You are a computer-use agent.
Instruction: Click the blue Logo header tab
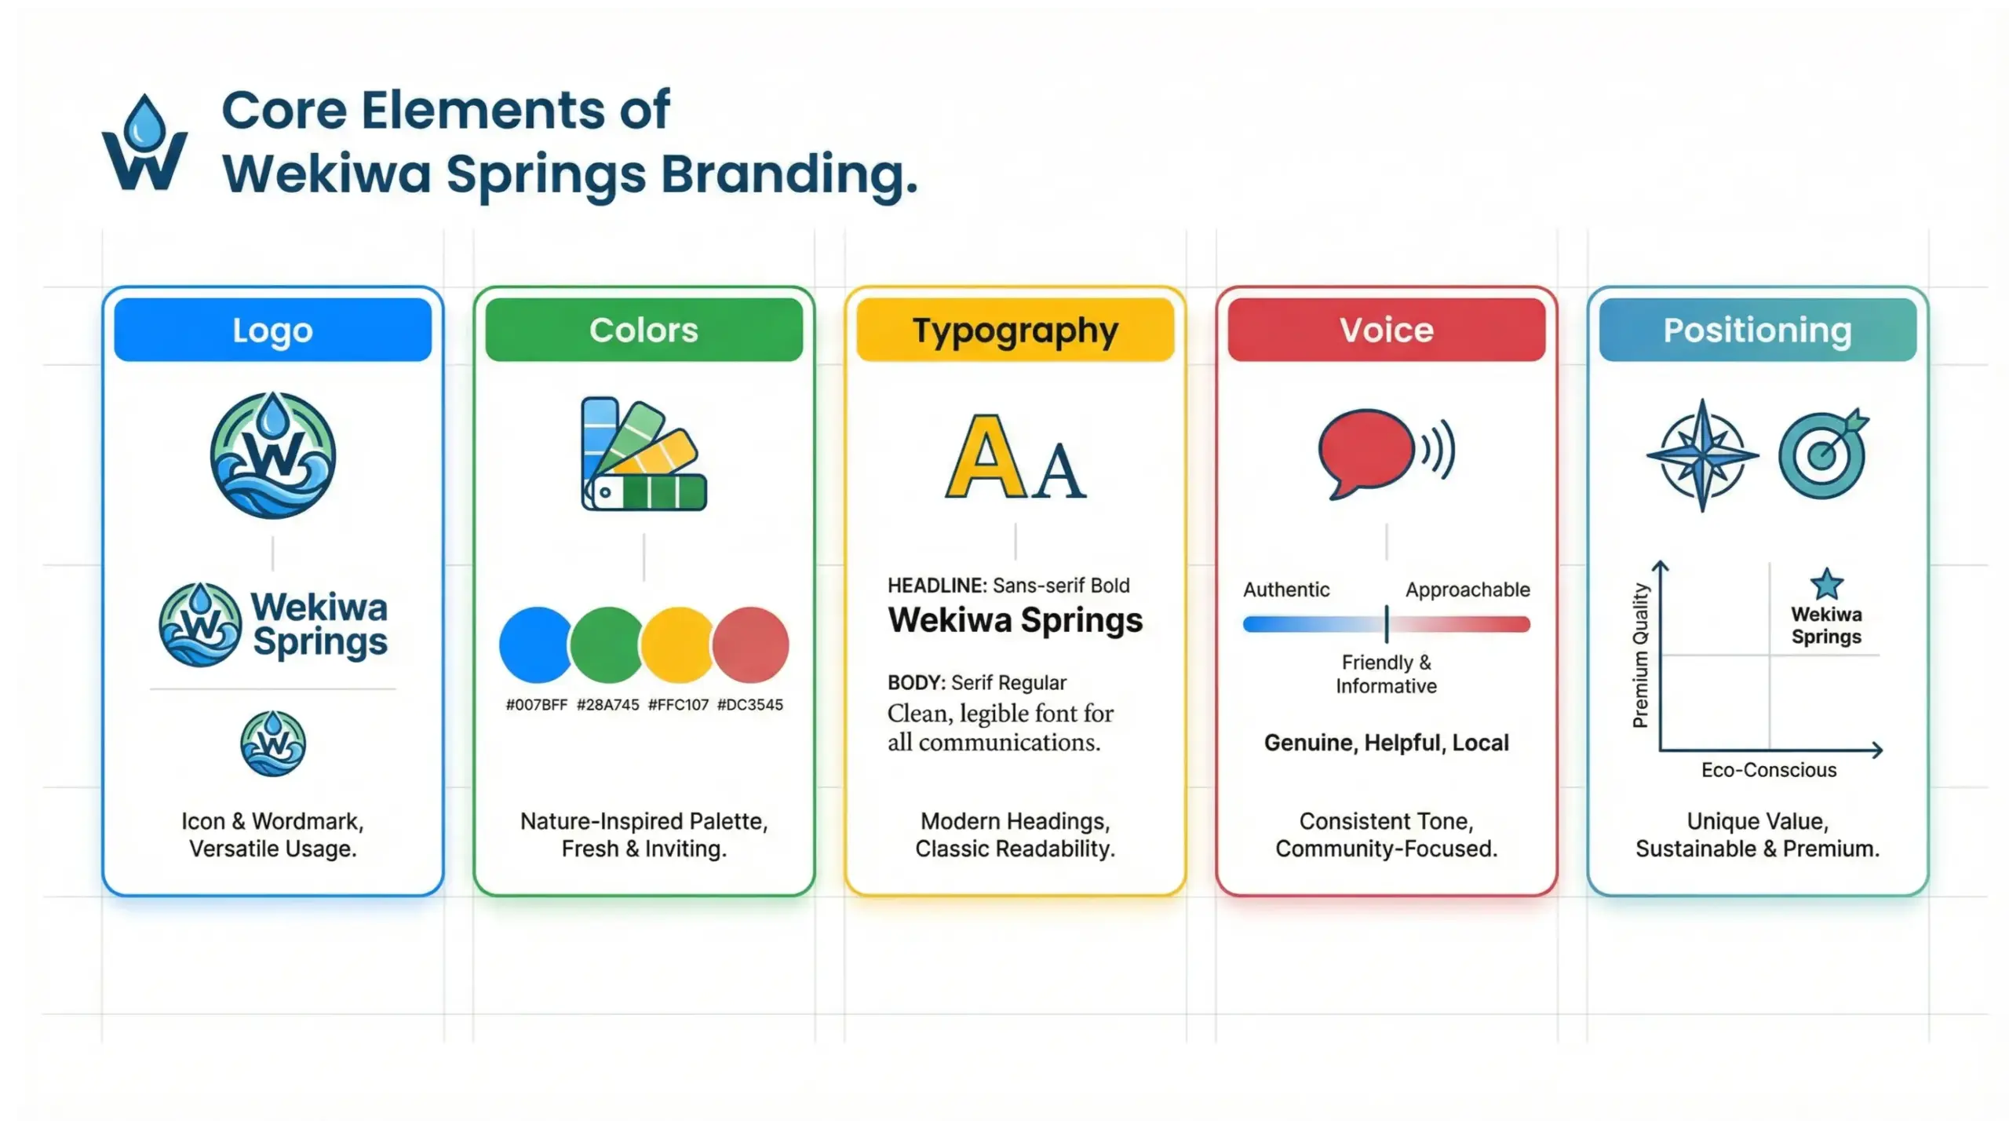pos(272,330)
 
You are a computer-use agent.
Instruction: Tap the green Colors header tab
pos(644,330)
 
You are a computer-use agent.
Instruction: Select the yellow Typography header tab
pos(1015,330)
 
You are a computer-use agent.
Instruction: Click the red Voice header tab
pos(1386,330)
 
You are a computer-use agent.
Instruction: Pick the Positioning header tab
pos(1757,330)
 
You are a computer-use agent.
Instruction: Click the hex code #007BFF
pos(536,705)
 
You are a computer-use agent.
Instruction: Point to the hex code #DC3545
pos(749,705)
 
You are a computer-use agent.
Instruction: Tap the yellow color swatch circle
pos(678,644)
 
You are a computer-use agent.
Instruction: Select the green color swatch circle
pos(607,644)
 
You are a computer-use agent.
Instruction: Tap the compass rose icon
pos(1702,455)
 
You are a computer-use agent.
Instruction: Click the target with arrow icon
pos(1823,454)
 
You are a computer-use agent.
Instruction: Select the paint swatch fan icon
pos(643,455)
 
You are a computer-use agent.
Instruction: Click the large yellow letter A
pos(985,458)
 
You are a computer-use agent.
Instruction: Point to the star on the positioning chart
pos(1826,584)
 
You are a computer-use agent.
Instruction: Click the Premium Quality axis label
pos(1641,655)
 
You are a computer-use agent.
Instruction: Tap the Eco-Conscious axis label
pos(1769,770)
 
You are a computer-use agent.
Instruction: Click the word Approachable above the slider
pos(1467,590)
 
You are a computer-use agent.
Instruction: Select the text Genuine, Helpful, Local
pos(1386,743)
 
